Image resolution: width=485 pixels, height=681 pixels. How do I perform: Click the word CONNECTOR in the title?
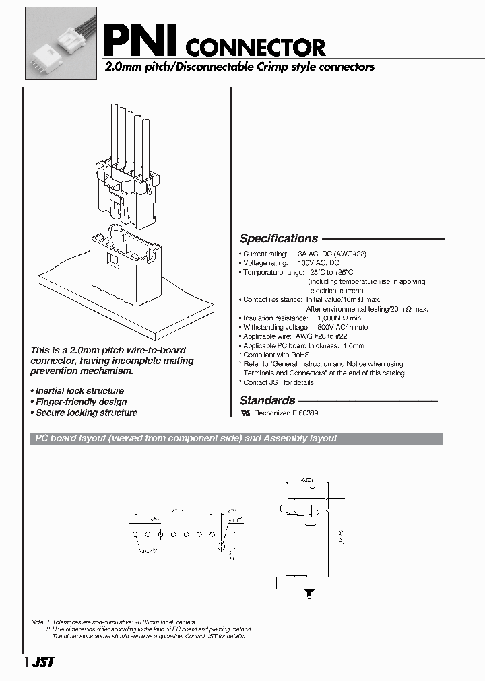click(x=255, y=47)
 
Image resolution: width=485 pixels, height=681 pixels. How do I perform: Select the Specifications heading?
click(x=278, y=238)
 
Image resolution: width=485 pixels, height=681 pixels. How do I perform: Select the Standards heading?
click(x=267, y=400)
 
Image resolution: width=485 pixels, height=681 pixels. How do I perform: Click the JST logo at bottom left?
click(x=44, y=662)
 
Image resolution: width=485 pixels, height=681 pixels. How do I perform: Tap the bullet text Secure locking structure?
click(x=86, y=413)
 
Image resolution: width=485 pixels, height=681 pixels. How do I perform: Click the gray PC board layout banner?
click(x=236, y=439)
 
